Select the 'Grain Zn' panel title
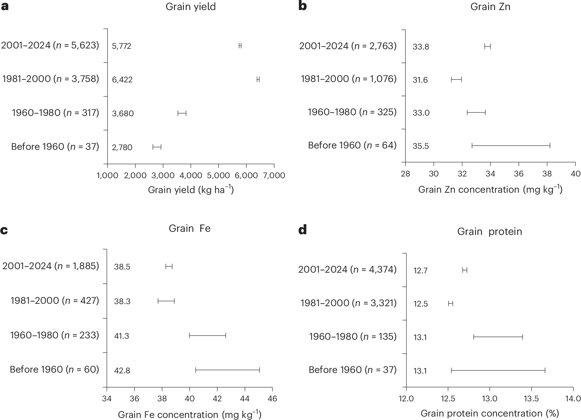coord(490,7)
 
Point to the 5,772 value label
coord(122,46)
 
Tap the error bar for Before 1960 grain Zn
coord(511,146)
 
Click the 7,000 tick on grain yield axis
coord(274,175)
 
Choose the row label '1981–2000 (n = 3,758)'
coord(50,79)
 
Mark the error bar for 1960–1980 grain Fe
coord(207,335)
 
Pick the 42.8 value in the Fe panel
coord(122,371)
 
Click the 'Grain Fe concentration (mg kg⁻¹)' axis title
coord(189,414)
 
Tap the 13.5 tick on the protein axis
coord(531,399)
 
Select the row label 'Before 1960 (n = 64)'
coord(352,145)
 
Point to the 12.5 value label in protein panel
coord(421,304)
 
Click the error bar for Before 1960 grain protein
coord(498,371)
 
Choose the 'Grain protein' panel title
coord(489,231)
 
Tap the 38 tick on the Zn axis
coord(547,174)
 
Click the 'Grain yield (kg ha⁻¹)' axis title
coord(191,190)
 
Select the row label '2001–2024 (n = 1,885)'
coord(50,266)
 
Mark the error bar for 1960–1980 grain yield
coord(182,113)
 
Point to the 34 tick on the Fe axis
coord(107,399)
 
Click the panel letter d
coord(302,230)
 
